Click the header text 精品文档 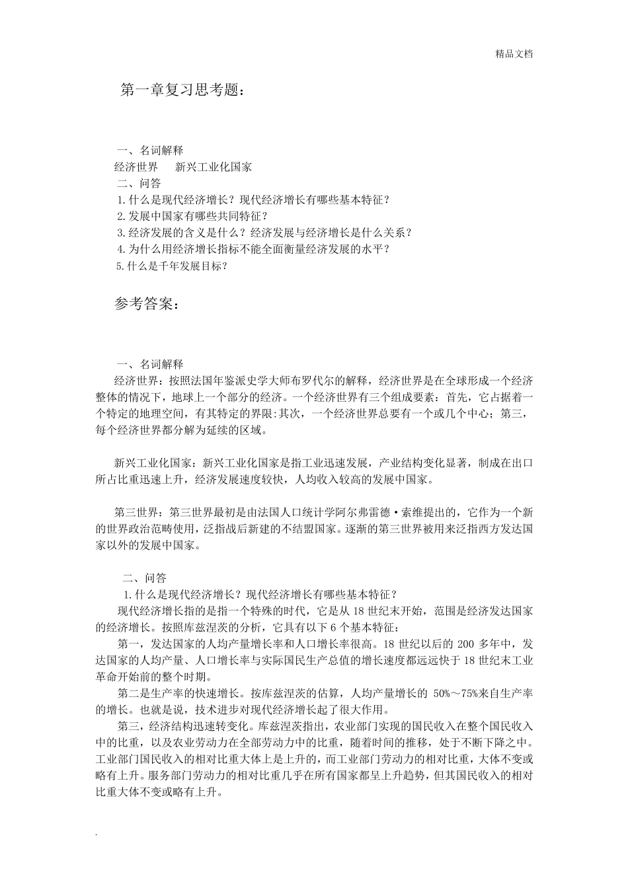coord(514,54)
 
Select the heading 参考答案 coord(147,304)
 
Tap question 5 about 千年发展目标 coord(172,266)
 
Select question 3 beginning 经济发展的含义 coord(264,233)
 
